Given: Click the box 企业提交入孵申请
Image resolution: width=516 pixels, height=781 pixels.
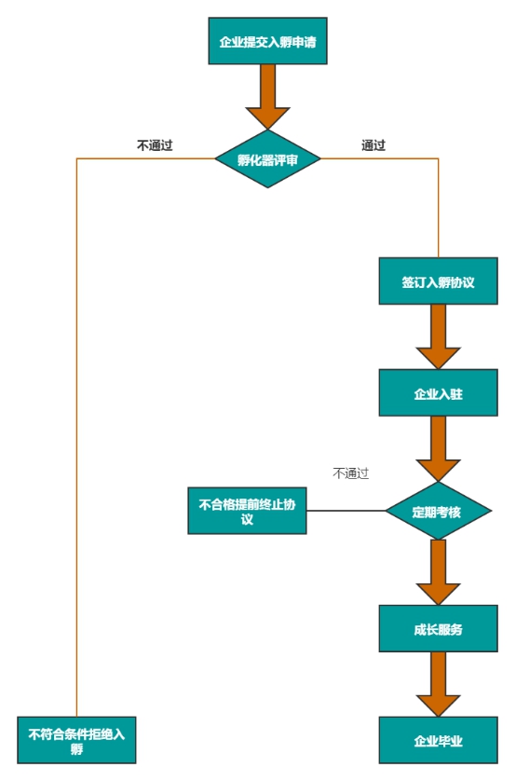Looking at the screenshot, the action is click(x=267, y=41).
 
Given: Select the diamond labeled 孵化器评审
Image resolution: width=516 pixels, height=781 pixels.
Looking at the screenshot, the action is click(x=267, y=158).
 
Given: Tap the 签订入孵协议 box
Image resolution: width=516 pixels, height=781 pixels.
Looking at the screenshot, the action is click(x=439, y=281).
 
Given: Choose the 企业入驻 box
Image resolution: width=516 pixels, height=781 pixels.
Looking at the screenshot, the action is click(x=439, y=392).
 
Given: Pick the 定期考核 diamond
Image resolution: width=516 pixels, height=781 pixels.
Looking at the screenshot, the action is click(x=439, y=511).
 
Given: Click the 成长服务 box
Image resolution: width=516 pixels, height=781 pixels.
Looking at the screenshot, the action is click(x=439, y=628).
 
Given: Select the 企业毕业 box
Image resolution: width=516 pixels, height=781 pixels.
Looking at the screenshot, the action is click(x=439, y=740).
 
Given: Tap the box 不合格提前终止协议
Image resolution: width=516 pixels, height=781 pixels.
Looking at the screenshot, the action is click(x=248, y=511).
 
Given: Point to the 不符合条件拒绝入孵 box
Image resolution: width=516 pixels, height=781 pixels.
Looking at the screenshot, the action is click(x=76, y=740).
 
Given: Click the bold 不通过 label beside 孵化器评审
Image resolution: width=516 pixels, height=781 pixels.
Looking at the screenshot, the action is click(x=155, y=145).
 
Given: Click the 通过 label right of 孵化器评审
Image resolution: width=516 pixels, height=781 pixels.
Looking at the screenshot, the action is click(x=373, y=145).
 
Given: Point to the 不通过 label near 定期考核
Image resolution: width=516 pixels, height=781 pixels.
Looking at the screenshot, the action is click(x=351, y=473).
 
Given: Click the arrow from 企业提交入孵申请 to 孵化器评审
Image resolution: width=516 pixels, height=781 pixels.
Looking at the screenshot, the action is click(x=267, y=97).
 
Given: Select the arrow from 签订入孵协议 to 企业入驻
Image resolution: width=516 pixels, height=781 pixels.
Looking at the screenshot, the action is click(x=439, y=336).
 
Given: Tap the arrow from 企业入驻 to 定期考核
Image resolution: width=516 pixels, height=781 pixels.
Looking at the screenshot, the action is click(x=439, y=448).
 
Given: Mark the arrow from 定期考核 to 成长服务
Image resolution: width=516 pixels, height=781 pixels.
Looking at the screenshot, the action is click(x=439, y=572).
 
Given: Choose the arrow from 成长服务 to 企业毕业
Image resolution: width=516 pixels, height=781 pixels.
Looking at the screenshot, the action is click(x=439, y=684).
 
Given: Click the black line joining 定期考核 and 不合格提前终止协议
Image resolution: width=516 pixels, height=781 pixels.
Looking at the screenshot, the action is click(x=346, y=511).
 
